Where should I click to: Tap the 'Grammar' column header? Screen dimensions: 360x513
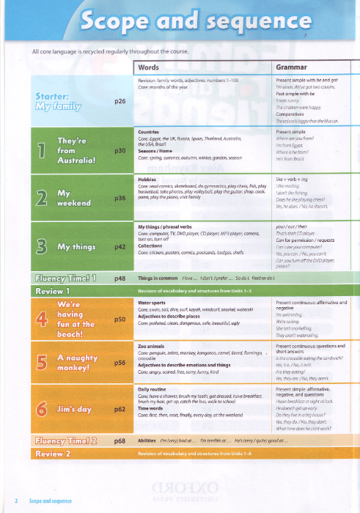291,67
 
